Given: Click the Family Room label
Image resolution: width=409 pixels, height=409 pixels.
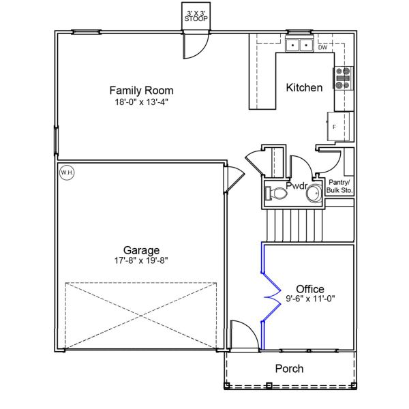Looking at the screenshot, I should pyautogui.click(x=141, y=90).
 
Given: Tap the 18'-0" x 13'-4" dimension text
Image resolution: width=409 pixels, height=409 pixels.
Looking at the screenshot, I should pyautogui.click(x=141, y=102).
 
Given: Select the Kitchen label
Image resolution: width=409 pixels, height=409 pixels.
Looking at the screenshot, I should pyautogui.click(x=304, y=88).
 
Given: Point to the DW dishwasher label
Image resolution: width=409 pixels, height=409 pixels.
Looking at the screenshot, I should pyautogui.click(x=322, y=48).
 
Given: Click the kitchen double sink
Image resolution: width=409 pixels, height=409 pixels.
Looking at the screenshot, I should pyautogui.click(x=299, y=46).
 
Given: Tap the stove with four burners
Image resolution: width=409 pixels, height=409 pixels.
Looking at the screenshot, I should pyautogui.click(x=342, y=78).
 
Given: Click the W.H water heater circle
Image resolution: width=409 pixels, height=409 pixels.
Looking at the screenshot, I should pyautogui.click(x=67, y=173).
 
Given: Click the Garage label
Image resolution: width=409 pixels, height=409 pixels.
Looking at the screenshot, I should pyautogui.click(x=141, y=249).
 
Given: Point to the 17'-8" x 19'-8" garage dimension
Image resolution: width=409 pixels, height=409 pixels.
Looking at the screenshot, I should pyautogui.click(x=141, y=260).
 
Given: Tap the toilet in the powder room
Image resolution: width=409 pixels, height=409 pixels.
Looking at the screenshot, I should pyautogui.click(x=277, y=194).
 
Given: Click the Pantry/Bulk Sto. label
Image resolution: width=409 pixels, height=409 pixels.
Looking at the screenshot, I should pyautogui.click(x=340, y=186).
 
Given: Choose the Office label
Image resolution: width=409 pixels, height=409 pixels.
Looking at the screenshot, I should pyautogui.click(x=309, y=289).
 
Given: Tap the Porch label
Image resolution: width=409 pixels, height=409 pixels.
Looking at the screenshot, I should pyautogui.click(x=289, y=369).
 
